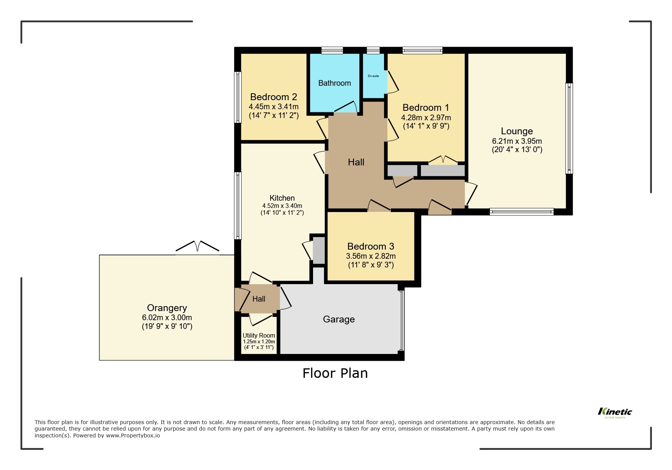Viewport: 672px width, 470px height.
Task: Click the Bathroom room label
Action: click(334, 83)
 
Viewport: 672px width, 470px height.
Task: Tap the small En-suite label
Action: click(373, 76)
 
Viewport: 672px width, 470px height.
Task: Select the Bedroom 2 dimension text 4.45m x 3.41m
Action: click(274, 107)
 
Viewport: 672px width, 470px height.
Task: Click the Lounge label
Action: click(517, 131)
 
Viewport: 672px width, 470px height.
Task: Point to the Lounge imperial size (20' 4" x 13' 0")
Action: click(517, 149)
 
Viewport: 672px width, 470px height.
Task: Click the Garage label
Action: click(338, 319)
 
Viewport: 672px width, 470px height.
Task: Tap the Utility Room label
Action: click(259, 335)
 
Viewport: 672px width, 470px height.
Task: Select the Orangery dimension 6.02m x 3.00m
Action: click(167, 318)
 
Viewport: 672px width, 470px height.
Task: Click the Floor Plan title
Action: click(335, 373)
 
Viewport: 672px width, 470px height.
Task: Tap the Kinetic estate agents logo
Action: click(615, 412)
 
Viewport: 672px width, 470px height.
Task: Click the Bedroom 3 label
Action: click(371, 246)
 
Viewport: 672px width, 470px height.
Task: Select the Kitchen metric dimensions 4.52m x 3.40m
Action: click(282, 206)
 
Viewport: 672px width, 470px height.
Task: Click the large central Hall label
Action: click(356, 162)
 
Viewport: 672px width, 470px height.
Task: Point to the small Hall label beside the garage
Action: click(259, 299)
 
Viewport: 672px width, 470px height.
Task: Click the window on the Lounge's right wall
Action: click(569, 129)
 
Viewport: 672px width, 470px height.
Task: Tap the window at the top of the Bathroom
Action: click(332, 50)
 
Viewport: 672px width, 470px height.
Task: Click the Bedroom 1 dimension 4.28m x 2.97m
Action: click(426, 118)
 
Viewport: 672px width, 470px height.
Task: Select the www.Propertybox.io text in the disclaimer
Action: click(133, 435)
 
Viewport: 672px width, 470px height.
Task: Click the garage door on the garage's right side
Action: click(402, 319)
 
